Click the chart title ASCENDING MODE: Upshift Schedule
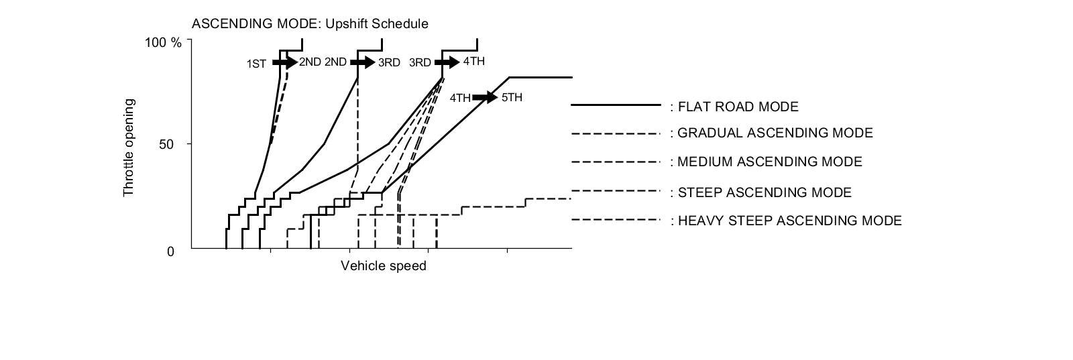click(x=310, y=24)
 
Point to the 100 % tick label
click(x=164, y=43)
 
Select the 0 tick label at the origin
click(x=170, y=251)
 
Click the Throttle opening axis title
click(x=129, y=148)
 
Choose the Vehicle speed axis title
click(x=383, y=266)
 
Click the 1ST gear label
click(x=256, y=64)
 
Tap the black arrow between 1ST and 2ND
click(x=284, y=62)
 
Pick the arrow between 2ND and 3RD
click(x=363, y=62)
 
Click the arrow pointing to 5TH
click(x=485, y=98)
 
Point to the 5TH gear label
click(x=512, y=98)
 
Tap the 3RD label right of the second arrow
click(x=389, y=63)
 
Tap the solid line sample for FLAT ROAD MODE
click(x=616, y=105)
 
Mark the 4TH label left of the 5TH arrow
click(x=460, y=99)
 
